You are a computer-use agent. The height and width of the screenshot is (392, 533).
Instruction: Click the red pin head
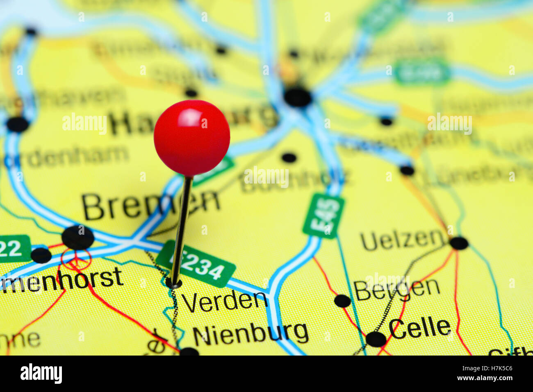(x=192, y=138)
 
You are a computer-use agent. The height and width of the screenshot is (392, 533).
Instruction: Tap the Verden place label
(x=224, y=302)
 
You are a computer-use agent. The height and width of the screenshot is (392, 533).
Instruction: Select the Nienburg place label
(x=251, y=334)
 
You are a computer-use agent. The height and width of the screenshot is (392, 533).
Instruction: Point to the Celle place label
(x=419, y=328)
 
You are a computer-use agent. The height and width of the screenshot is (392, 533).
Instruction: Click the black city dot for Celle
(x=376, y=339)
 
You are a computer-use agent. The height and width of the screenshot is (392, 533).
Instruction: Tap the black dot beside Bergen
(x=342, y=301)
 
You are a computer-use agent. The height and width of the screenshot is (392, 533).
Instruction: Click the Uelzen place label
(x=403, y=240)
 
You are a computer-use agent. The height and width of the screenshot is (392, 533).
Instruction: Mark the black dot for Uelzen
(x=459, y=243)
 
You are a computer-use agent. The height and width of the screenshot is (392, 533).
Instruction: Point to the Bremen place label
(x=150, y=206)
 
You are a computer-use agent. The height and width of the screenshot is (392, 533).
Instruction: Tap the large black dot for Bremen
(x=78, y=237)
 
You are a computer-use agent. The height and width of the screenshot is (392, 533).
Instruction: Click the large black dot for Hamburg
(x=298, y=97)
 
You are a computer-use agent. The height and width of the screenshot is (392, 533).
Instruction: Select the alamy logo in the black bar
(x=41, y=374)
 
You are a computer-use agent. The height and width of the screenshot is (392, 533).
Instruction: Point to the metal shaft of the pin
(x=182, y=229)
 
